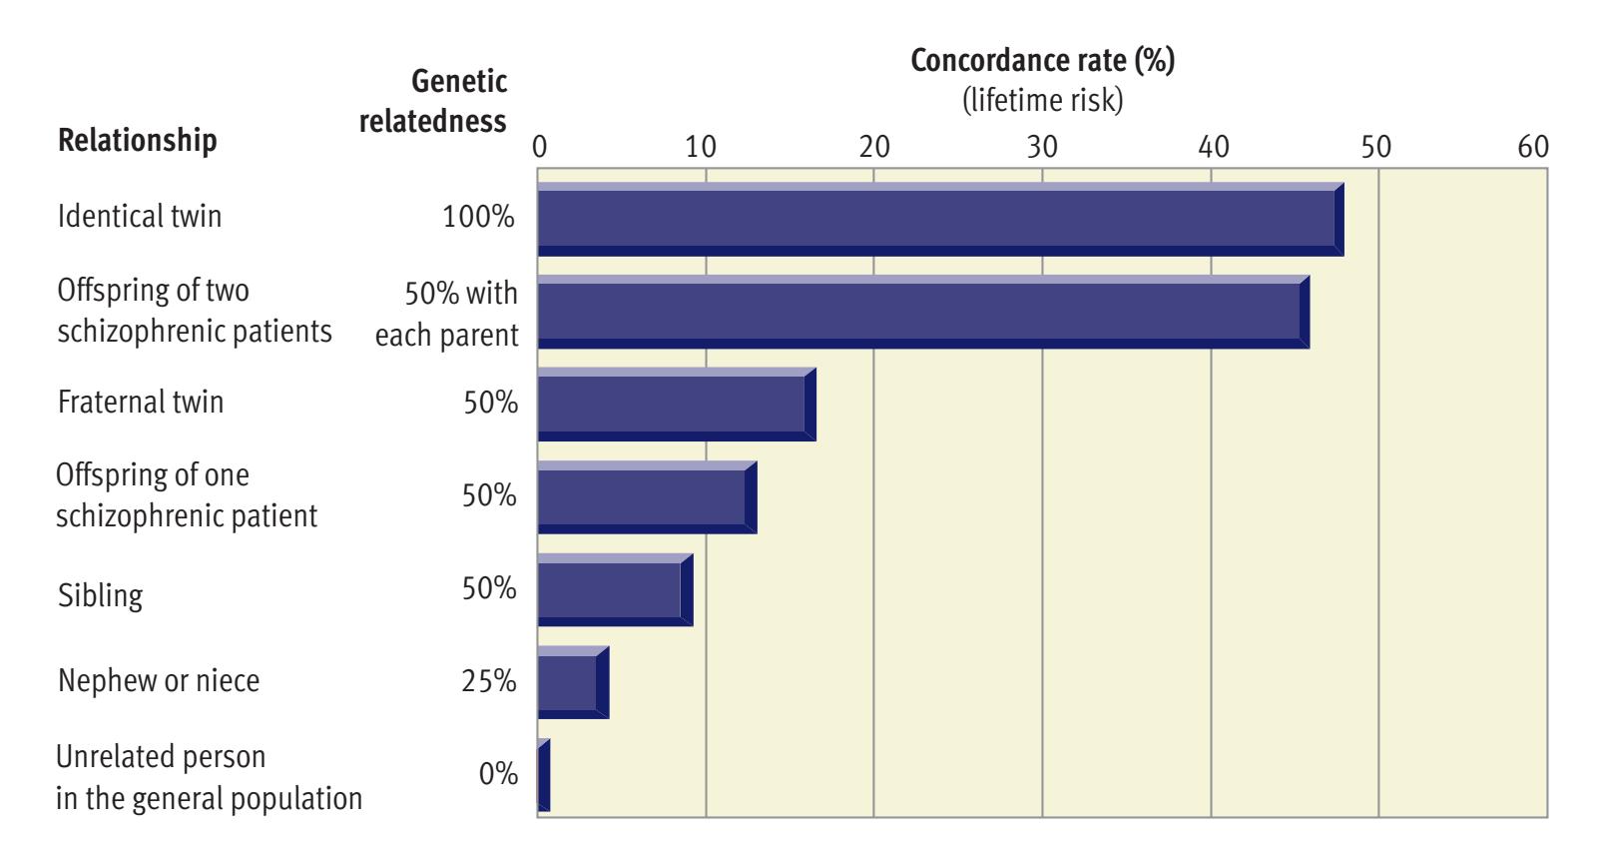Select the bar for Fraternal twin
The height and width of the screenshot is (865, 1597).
(677, 405)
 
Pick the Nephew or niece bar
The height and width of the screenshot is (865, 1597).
(573, 682)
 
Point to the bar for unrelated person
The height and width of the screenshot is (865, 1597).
(544, 775)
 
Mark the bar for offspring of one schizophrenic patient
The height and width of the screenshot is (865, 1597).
(647, 497)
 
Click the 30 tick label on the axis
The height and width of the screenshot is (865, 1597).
(1042, 147)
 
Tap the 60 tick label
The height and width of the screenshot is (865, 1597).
(1532, 147)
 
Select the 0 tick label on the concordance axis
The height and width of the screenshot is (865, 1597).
(539, 147)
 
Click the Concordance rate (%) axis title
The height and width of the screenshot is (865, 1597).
(1043, 61)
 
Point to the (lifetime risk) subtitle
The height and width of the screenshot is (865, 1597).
(1043, 101)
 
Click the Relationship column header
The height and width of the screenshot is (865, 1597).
(138, 140)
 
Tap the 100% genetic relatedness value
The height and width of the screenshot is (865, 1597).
(479, 217)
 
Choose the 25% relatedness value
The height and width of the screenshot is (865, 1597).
(489, 681)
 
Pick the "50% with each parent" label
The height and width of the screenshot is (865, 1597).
(447, 314)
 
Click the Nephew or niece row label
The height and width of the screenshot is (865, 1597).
(159, 681)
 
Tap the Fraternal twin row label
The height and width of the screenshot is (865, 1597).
(141, 403)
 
